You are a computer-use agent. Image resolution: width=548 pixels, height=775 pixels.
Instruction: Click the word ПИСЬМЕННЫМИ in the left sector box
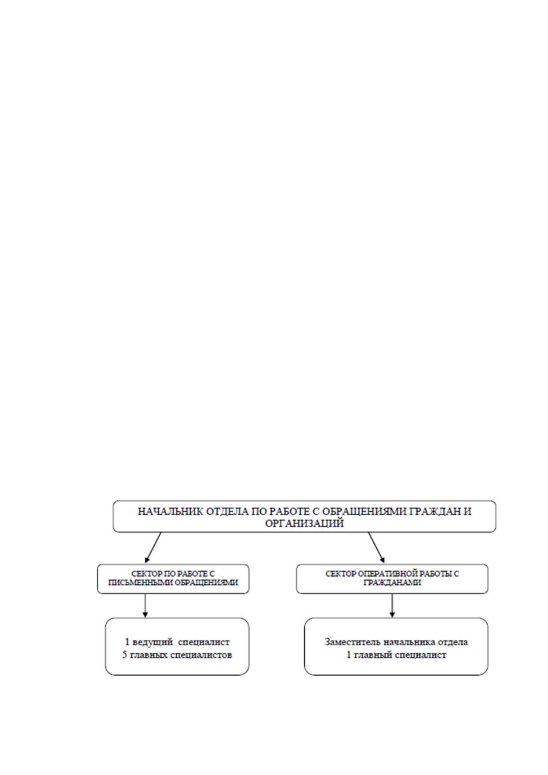(140, 583)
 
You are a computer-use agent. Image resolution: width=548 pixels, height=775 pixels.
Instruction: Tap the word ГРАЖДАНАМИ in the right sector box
(392, 583)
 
